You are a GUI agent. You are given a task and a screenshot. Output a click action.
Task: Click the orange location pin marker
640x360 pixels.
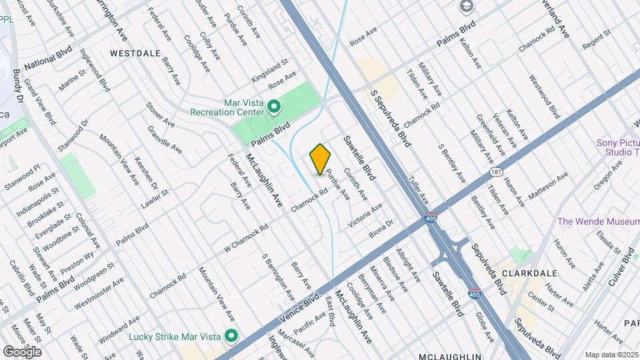321,159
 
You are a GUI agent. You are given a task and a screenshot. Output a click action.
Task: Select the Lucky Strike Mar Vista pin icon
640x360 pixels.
231,335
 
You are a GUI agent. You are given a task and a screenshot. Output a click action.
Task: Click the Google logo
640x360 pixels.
22,351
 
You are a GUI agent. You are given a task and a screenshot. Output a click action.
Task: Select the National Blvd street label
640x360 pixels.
47,59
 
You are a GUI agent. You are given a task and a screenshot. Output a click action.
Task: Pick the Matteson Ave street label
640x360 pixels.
547,186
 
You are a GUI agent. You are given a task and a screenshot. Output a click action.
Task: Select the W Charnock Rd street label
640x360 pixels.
245,237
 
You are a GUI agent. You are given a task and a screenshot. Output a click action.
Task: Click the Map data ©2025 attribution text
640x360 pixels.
611,355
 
